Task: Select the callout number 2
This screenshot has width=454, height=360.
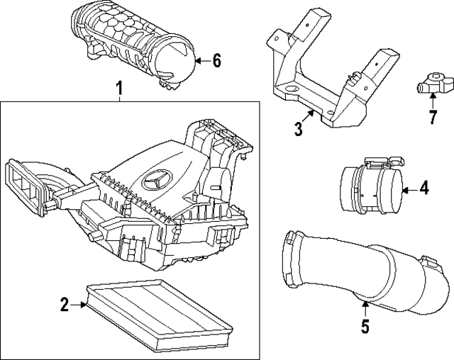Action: tap(65, 305)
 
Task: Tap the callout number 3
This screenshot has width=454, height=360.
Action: tap(299, 128)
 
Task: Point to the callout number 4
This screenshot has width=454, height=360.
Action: tap(423, 189)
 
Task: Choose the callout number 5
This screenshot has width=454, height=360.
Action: tap(365, 327)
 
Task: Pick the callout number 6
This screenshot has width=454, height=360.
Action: tap(216, 61)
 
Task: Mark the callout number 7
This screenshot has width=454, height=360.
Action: tap(433, 117)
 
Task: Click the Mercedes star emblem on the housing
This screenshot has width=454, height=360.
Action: tap(157, 182)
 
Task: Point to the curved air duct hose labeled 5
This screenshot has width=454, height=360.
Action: tap(355, 269)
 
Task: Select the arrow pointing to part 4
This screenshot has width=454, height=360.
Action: tap(409, 189)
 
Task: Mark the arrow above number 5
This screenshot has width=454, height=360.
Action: tap(365, 308)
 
